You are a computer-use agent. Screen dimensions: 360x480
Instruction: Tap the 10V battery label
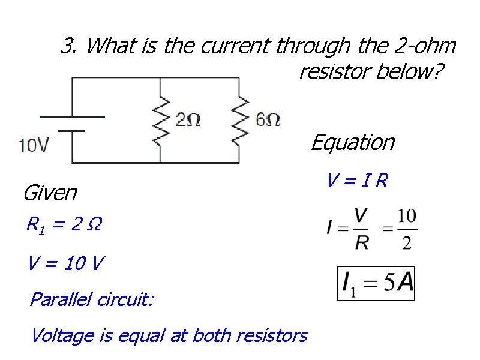click(x=34, y=145)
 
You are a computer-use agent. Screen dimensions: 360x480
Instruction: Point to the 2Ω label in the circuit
click(x=188, y=120)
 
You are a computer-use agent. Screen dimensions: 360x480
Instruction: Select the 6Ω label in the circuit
click(x=268, y=120)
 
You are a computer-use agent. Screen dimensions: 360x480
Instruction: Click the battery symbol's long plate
click(x=72, y=116)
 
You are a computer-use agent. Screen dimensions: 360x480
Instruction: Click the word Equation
click(x=352, y=143)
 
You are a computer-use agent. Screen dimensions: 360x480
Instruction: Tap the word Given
click(x=50, y=193)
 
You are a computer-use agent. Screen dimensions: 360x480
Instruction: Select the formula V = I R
click(x=357, y=181)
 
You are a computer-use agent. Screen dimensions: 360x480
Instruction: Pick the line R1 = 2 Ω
click(x=64, y=226)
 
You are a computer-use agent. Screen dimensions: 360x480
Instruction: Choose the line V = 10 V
click(x=65, y=263)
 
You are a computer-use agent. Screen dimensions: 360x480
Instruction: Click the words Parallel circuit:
click(x=91, y=299)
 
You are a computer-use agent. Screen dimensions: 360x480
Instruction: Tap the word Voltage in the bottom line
click(x=63, y=335)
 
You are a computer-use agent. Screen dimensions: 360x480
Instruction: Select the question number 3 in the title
click(x=68, y=46)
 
